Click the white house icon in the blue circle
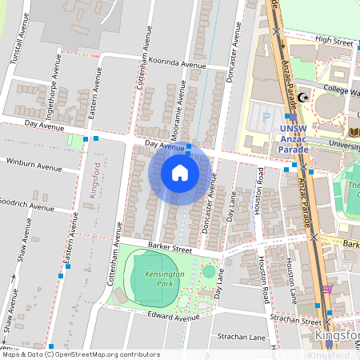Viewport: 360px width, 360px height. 180,173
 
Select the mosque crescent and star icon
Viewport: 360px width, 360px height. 302,98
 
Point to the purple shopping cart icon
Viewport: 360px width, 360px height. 326,289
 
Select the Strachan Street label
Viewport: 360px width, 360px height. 298,321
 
